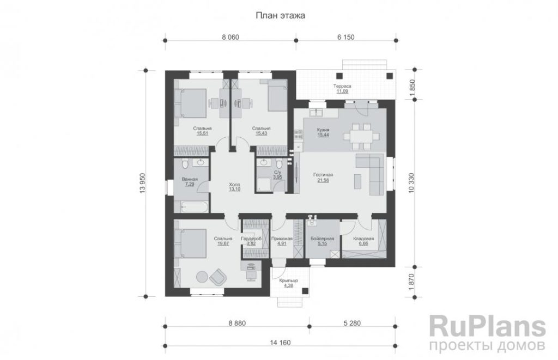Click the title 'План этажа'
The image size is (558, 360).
(x=281, y=16)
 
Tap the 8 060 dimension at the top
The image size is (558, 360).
(x=231, y=37)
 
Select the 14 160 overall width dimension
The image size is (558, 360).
(x=281, y=343)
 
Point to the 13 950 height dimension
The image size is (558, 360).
(x=143, y=183)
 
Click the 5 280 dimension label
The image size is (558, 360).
(x=352, y=323)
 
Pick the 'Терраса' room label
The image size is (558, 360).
(x=342, y=86)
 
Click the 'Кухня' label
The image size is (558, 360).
(x=323, y=130)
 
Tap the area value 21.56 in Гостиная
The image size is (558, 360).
(x=323, y=180)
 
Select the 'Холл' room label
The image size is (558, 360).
(x=234, y=185)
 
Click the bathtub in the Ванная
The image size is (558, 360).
(x=195, y=206)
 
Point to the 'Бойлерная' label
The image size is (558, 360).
(x=322, y=239)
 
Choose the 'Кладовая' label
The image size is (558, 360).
(x=363, y=239)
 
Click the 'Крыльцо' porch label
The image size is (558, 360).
(x=289, y=280)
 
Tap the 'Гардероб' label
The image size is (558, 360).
(x=251, y=239)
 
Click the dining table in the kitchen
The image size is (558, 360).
(x=361, y=136)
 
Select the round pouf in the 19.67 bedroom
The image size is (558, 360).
(x=202, y=277)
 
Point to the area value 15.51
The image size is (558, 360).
(x=202, y=134)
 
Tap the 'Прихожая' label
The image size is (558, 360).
(x=282, y=239)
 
